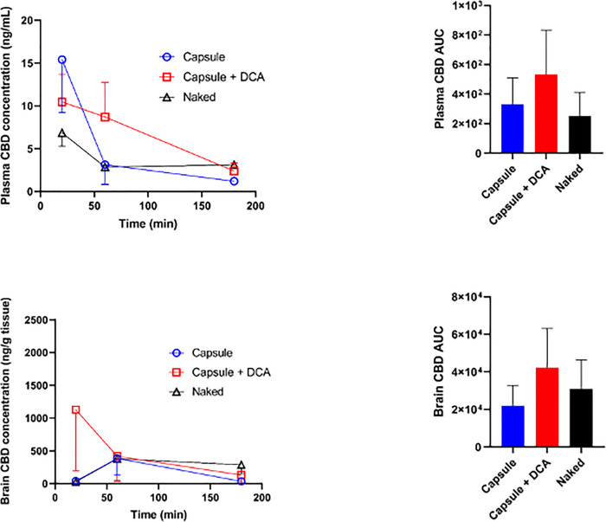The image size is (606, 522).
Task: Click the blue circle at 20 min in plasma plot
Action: click(61, 60)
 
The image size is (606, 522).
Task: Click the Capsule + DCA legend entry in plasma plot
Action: click(198, 79)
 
